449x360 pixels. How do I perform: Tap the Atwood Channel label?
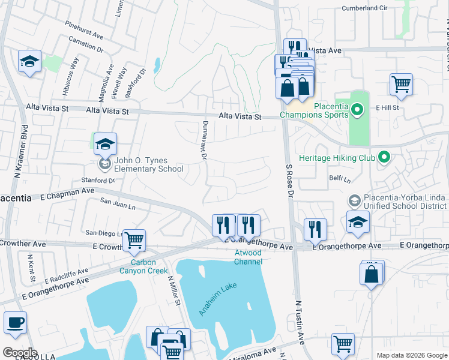248,257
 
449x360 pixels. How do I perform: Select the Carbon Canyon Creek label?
143,266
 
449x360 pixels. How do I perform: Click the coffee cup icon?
15,323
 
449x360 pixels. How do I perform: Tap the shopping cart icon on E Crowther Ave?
134,240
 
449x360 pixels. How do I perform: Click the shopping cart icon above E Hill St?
401,85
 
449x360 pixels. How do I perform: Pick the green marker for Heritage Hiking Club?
384,158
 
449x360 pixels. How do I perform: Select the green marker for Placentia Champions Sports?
357,110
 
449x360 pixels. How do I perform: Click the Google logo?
19,353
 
